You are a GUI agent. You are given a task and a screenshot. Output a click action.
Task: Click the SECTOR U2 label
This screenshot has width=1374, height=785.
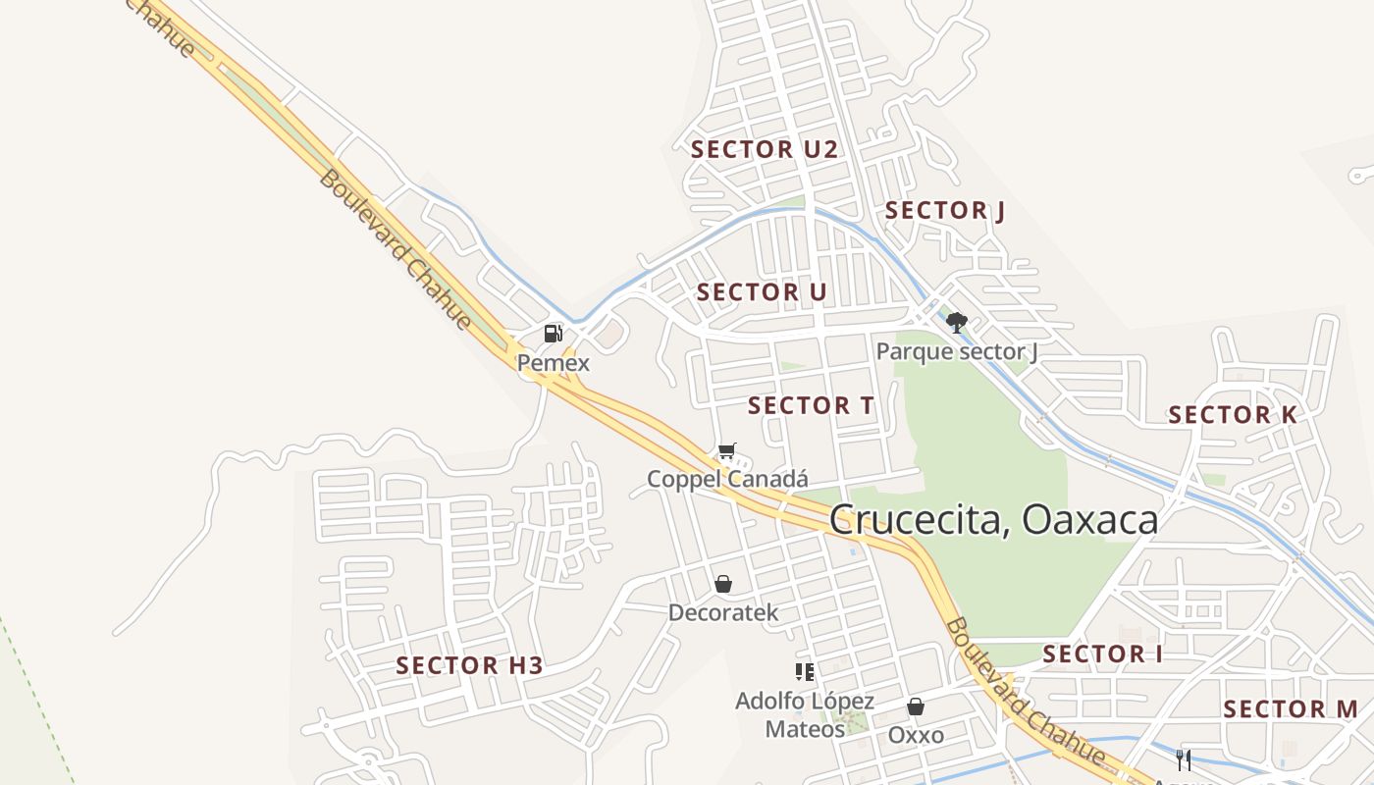coord(765,150)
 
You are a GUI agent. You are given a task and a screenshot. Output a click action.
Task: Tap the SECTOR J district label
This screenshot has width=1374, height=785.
coord(945,211)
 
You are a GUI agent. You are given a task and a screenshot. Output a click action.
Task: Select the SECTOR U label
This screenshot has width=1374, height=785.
coord(762,292)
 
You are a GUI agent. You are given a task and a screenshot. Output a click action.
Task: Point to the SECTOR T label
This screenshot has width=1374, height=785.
coord(811,406)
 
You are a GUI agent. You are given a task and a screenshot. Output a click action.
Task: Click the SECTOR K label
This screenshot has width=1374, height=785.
coord(1233,415)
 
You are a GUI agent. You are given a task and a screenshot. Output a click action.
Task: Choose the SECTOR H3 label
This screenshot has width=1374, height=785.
coord(469,665)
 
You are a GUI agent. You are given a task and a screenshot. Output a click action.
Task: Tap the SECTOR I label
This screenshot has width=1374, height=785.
coord(1102,654)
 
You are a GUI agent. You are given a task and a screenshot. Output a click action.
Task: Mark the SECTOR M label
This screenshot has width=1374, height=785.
coord(1291,709)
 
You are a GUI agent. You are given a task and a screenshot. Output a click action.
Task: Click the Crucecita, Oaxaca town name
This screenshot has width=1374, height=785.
coord(993,520)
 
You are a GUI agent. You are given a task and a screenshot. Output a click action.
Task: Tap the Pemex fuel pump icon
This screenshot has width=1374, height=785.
coord(554,334)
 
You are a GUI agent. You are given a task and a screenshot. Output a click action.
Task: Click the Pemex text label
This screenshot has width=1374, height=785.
coord(554,363)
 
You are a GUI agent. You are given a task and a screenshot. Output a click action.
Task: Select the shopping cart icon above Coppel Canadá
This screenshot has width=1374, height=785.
coord(726,451)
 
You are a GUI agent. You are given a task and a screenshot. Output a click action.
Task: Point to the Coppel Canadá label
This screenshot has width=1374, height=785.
coord(727,479)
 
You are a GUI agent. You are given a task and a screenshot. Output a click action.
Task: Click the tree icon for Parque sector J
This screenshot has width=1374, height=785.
coord(957,322)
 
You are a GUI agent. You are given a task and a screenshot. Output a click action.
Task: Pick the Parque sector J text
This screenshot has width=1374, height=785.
coord(957,351)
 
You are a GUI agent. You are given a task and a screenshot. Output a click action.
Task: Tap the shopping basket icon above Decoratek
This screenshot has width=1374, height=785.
coord(723,584)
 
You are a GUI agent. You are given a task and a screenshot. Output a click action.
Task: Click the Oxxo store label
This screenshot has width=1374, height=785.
coord(916,735)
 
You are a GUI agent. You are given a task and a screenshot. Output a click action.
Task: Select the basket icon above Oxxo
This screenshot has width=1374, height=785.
coord(916,706)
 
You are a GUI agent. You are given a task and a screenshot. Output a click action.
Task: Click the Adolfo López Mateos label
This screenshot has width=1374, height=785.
coord(805,715)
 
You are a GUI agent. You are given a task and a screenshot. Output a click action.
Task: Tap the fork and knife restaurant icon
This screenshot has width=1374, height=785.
coord(1184,759)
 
